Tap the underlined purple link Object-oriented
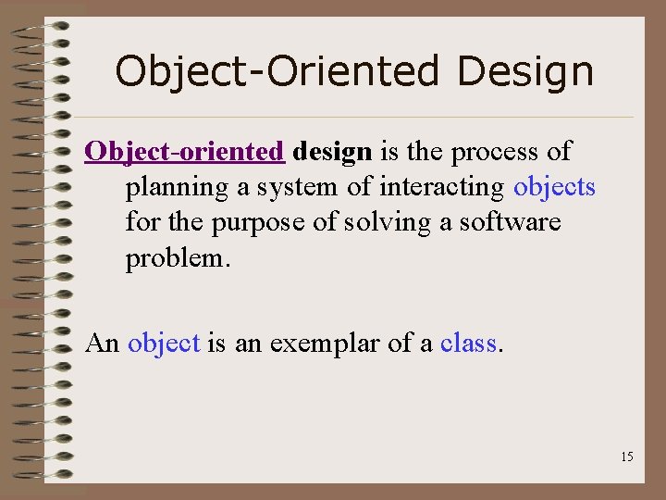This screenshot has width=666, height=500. coord(184,151)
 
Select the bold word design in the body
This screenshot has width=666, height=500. coord(332,151)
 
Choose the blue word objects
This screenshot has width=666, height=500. coord(555,188)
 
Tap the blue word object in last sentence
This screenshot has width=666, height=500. coord(164,344)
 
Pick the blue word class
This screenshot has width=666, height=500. coord(469,344)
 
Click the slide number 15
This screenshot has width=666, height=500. coord(627,456)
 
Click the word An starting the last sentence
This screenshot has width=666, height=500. coord(103,344)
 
